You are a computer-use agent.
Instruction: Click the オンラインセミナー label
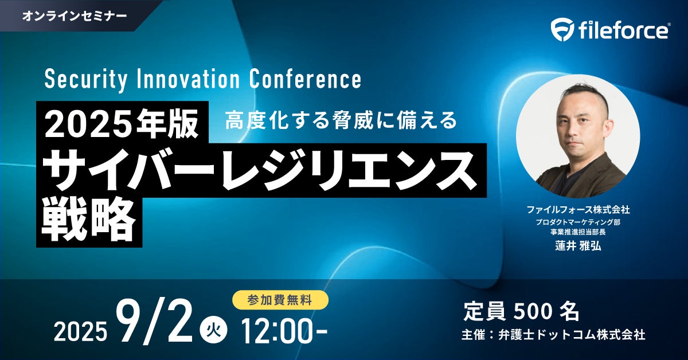(x=75, y=15)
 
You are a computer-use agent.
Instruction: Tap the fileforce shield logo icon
(x=562, y=30)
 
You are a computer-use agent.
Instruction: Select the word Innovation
(x=187, y=79)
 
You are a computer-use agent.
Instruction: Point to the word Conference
(x=305, y=79)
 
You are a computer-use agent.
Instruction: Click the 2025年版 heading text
(x=122, y=123)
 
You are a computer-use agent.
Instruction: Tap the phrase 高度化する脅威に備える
(x=341, y=120)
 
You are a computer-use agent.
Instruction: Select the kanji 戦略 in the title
(x=89, y=220)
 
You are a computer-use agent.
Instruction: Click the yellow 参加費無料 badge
(x=280, y=300)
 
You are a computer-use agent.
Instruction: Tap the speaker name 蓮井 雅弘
(x=578, y=246)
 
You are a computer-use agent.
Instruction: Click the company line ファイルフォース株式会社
(x=578, y=210)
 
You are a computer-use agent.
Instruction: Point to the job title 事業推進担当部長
(x=578, y=232)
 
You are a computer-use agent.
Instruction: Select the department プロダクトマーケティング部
(x=578, y=222)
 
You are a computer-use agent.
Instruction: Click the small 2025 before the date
(x=80, y=332)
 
